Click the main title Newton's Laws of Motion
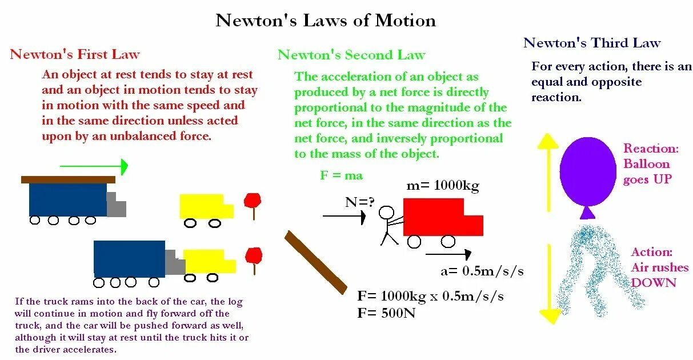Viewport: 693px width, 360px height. tap(326, 21)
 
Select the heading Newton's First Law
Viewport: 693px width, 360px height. tap(75, 54)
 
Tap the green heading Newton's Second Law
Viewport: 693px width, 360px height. tap(351, 55)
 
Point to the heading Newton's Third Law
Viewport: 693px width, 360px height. tap(592, 43)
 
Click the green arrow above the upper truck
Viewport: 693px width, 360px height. tap(94, 166)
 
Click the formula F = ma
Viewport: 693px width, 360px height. tap(341, 175)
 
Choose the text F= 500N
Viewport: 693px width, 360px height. tap(387, 313)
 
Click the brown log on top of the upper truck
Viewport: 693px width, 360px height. tap(68, 179)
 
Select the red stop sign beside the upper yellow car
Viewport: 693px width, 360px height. tap(252, 201)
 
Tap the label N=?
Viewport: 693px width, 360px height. tap(359, 202)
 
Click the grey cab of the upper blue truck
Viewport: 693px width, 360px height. tap(116, 205)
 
